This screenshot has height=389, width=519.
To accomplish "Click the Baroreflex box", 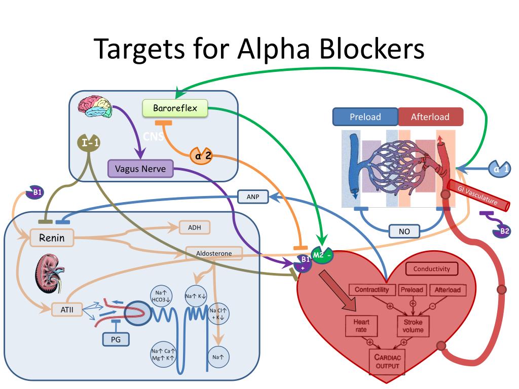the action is [x=175, y=108].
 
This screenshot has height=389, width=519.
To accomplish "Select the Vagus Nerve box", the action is [x=140, y=169].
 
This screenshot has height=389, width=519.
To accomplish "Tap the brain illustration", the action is [x=95, y=106].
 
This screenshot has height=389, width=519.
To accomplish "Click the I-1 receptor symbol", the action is [x=88, y=143].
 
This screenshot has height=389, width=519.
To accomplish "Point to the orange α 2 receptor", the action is [x=201, y=155].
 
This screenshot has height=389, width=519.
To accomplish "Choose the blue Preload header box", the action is [x=365, y=117].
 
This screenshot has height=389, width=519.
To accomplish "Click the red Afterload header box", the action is [x=430, y=117].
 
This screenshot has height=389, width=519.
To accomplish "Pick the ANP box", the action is [x=253, y=197].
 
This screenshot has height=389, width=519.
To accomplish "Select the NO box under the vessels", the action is [x=404, y=231].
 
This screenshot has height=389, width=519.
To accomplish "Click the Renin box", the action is [x=52, y=238].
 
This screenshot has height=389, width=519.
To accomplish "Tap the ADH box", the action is [x=195, y=227].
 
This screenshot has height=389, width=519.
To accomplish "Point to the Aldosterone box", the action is [x=214, y=253].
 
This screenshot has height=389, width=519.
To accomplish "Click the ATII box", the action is [x=67, y=309].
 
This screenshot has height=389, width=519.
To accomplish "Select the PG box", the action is [x=116, y=339].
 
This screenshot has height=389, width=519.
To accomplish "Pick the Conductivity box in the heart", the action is [x=432, y=268].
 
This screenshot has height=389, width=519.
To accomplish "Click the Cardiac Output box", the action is [x=387, y=362].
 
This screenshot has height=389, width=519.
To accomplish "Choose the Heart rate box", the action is [x=361, y=326].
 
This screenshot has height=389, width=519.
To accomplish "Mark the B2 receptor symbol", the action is [x=501, y=230].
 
